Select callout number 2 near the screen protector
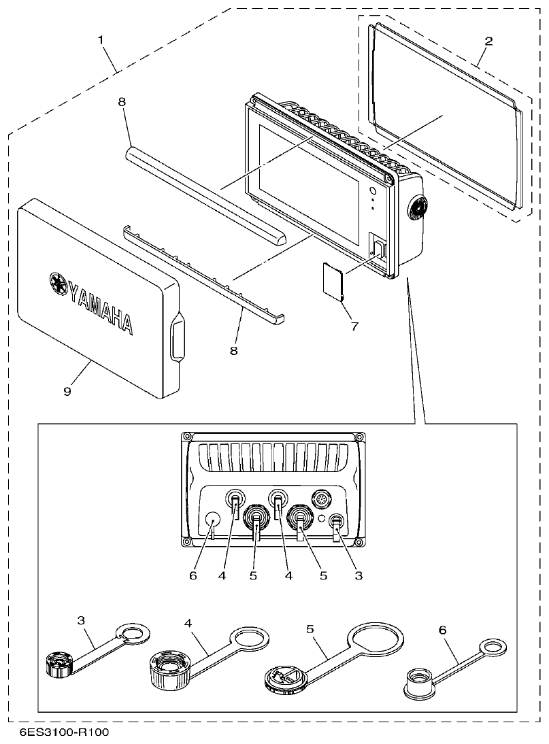tap(488, 41)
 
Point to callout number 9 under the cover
tap(68, 391)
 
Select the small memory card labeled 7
tap(333, 282)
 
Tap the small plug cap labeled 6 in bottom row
tap(420, 680)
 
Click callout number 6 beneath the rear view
tap(193, 575)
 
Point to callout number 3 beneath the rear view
tap(358, 575)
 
